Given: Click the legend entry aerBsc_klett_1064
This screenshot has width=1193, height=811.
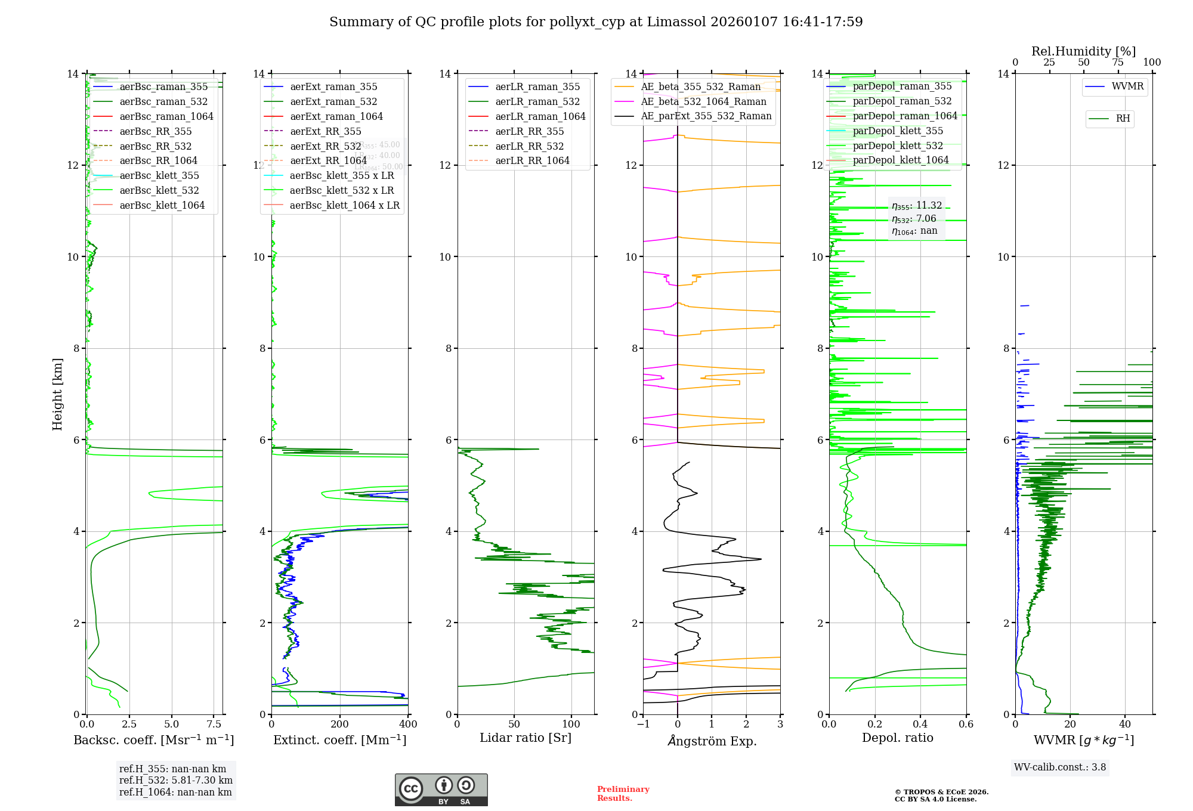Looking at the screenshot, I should pyautogui.click(x=162, y=205).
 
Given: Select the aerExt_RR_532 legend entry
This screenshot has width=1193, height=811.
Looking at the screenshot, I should pyautogui.click(x=325, y=146).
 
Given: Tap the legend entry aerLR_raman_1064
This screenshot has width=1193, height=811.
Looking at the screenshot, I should pyautogui.click(x=540, y=116).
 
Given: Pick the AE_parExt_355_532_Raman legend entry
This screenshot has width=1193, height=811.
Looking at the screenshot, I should pyautogui.click(x=706, y=116).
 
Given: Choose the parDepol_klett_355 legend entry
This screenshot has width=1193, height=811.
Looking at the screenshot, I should pyautogui.click(x=898, y=131).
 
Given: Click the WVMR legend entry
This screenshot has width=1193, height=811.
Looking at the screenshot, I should pyautogui.click(x=1127, y=86).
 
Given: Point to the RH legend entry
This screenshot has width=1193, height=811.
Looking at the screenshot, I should pyautogui.click(x=1123, y=119).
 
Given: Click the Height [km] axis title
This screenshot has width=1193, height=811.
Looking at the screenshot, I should pyautogui.click(x=57, y=394).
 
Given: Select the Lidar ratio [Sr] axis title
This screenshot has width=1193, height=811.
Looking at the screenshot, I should pyautogui.click(x=525, y=738).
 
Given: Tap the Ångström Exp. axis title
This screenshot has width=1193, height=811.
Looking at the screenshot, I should pyautogui.click(x=712, y=741).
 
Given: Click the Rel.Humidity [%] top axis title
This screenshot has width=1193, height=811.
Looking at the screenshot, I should pyautogui.click(x=1083, y=51).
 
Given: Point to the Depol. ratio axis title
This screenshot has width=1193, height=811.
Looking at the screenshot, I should pyautogui.click(x=897, y=738).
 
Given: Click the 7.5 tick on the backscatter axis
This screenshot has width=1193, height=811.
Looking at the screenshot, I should pyautogui.click(x=214, y=724).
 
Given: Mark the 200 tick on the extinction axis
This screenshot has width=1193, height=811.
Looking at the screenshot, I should pyautogui.click(x=340, y=724).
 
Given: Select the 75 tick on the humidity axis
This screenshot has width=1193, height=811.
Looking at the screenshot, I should pyautogui.click(x=1118, y=63).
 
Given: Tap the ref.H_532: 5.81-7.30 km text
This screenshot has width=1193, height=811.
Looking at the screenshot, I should pyautogui.click(x=176, y=780).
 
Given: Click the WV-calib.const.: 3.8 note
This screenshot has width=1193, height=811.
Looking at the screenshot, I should pyautogui.click(x=1060, y=767).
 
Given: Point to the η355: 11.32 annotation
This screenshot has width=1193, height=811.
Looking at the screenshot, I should pyautogui.click(x=917, y=206).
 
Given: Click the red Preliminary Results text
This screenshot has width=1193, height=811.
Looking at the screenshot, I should pyautogui.click(x=623, y=793).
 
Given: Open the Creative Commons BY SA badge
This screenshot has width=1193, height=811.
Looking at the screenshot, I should pyautogui.click(x=441, y=790).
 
